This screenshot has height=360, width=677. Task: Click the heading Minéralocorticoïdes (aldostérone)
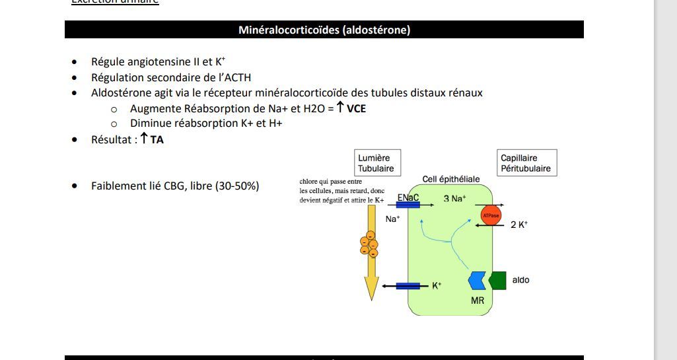click(324, 30)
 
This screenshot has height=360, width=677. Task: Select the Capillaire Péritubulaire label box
click(527, 163)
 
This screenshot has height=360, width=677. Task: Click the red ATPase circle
click(491, 215)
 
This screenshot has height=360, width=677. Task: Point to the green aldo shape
click(498, 280)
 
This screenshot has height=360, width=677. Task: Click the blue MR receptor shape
click(477, 281)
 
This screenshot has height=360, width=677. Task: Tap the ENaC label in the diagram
click(408, 198)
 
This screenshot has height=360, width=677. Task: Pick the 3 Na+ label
click(454, 198)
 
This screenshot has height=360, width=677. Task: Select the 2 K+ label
click(519, 225)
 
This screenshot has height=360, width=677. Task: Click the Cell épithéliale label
click(451, 179)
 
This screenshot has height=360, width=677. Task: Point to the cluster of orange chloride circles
click(369, 244)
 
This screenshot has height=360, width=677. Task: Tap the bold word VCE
click(356, 108)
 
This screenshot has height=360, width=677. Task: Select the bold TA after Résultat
click(157, 139)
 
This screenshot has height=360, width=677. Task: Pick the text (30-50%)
click(236, 186)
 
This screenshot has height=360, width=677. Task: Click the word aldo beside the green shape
click(520, 280)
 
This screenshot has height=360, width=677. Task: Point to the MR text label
click(478, 301)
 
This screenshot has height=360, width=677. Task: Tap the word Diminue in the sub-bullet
click(151, 123)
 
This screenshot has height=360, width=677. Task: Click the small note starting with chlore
click(341, 190)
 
